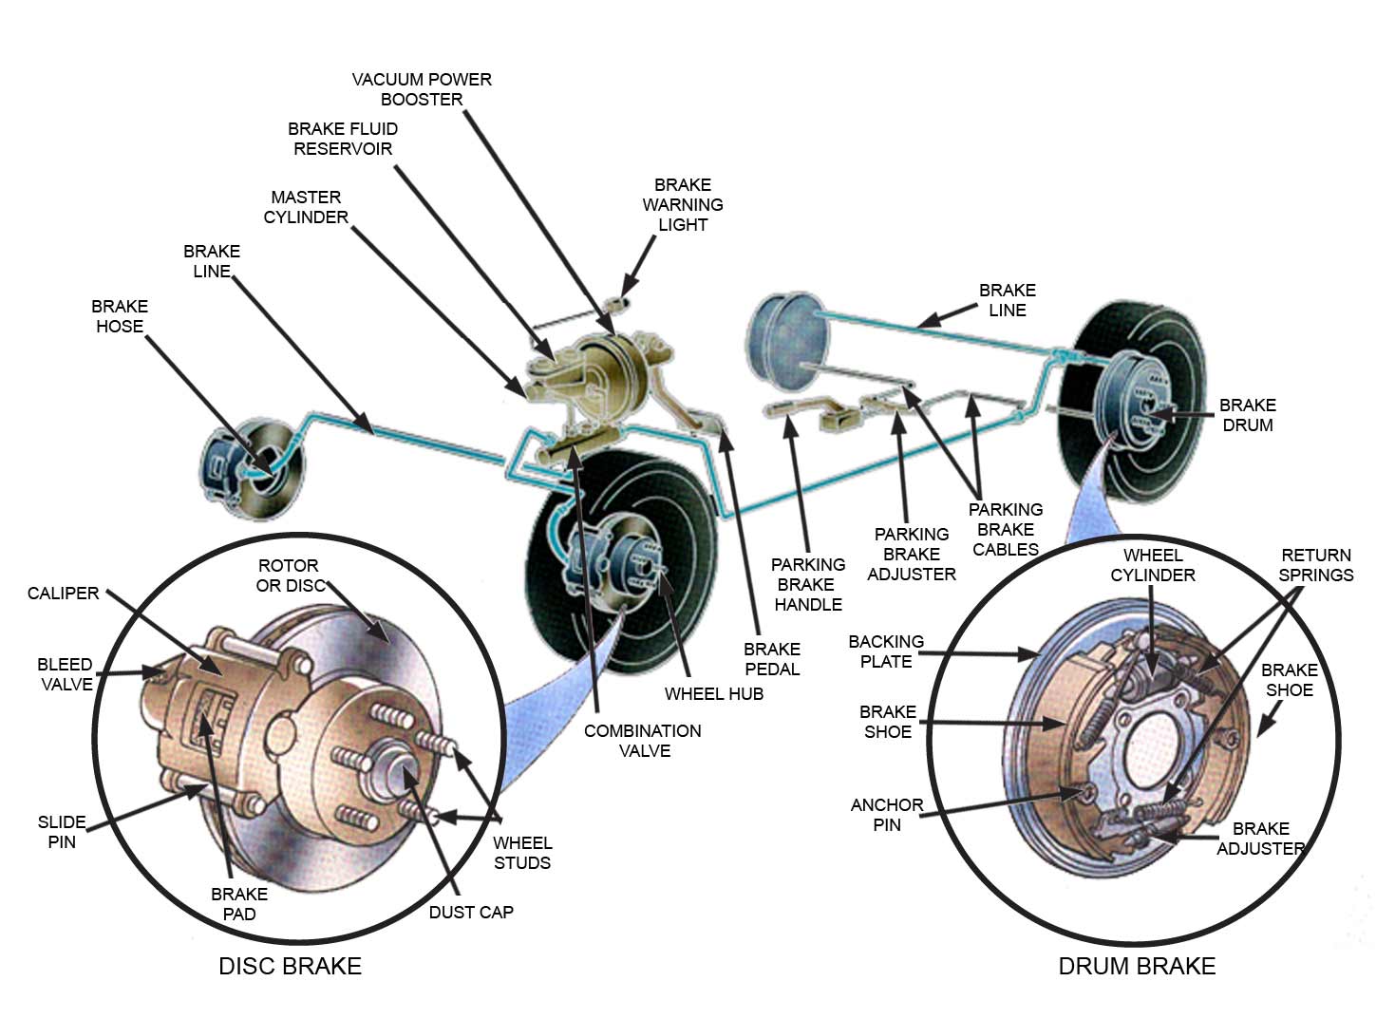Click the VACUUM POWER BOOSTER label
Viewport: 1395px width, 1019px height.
click(x=422, y=89)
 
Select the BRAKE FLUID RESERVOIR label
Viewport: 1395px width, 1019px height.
click(x=343, y=139)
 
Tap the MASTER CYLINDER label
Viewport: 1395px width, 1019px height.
click(x=306, y=207)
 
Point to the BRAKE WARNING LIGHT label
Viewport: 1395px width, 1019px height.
click(x=683, y=204)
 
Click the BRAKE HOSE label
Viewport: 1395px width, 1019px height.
click(x=120, y=316)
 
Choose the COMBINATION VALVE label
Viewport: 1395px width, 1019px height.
click(x=643, y=741)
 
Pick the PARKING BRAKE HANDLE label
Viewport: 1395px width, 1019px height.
click(x=808, y=584)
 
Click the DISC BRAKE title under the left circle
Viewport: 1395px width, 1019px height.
click(x=290, y=966)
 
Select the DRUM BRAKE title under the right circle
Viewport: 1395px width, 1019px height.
click(x=1137, y=966)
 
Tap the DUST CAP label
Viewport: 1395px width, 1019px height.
click(x=471, y=912)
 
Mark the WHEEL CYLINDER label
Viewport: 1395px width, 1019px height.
click(x=1153, y=565)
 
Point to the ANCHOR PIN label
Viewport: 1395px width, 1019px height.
click(x=887, y=815)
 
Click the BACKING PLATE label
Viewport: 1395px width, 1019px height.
click(x=886, y=651)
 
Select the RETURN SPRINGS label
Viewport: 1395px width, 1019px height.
click(x=1316, y=565)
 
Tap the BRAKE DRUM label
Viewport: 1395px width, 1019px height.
click(x=1248, y=415)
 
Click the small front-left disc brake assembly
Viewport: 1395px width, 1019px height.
click(x=252, y=469)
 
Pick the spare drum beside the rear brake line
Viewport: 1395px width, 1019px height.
click(x=787, y=341)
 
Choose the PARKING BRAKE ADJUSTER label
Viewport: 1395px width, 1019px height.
click(x=912, y=554)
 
